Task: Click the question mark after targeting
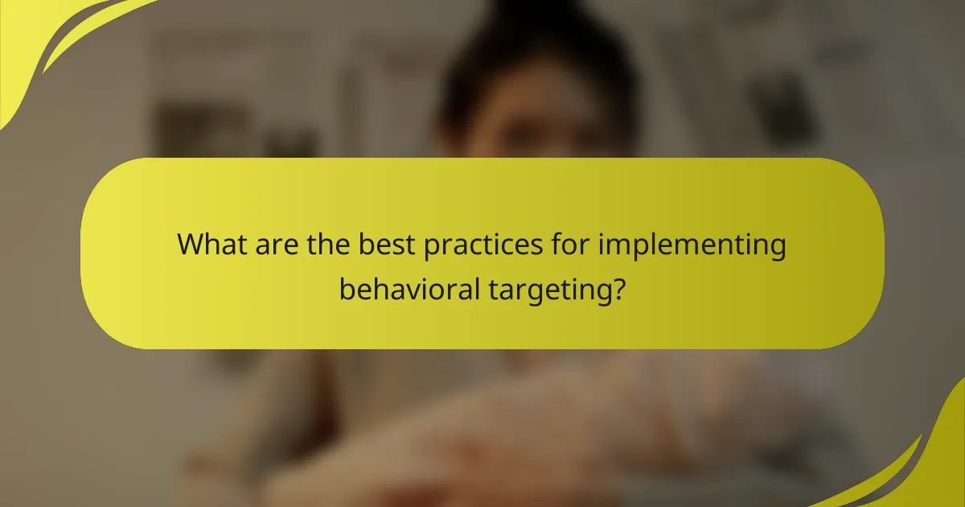tap(616, 287)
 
